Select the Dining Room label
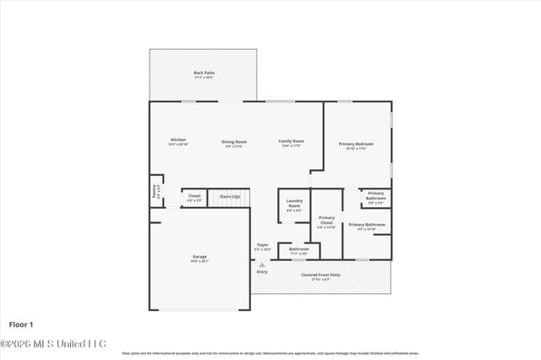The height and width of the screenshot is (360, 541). point(234,143)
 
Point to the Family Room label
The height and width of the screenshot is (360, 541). point(292,143)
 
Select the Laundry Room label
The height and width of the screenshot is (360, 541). point(294,204)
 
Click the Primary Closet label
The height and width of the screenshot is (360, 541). point(326,221)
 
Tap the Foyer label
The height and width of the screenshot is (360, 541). point(263,246)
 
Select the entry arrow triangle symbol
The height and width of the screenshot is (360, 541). point(262,265)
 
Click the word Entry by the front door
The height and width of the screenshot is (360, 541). point(262,271)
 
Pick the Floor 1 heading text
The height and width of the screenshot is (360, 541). point(20,324)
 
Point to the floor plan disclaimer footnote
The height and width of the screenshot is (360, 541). point(270,352)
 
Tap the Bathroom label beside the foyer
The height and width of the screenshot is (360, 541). point(299,250)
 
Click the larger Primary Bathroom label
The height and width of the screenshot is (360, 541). point(367,226)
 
